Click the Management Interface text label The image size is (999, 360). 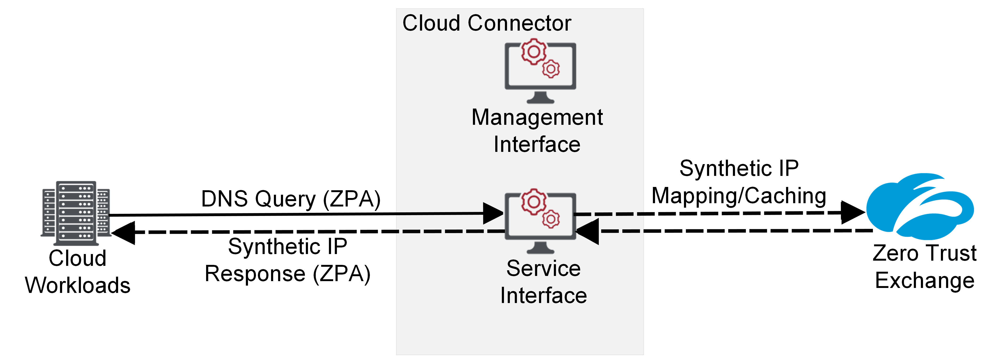click(x=537, y=131)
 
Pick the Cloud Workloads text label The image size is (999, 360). click(x=78, y=271)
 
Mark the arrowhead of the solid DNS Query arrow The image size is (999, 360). click(x=493, y=213)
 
